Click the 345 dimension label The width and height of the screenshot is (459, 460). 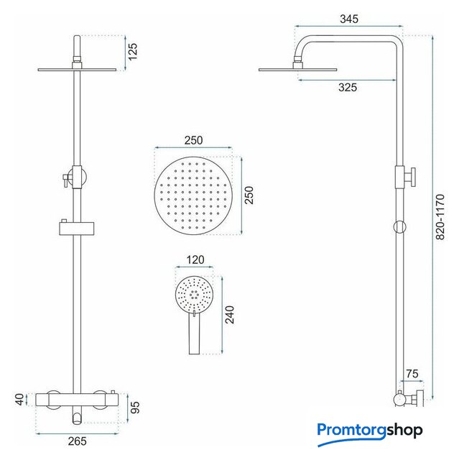tap(349, 19)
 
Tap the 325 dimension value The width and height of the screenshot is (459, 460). tap(348, 88)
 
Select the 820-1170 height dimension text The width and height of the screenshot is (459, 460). tap(440, 217)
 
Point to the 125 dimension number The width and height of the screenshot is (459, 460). tap(132, 52)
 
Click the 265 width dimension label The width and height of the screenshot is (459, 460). tap(77, 441)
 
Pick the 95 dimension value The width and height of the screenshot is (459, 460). tap(135, 408)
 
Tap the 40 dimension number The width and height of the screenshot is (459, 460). tap(19, 400)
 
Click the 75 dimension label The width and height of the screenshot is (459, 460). tap(412, 374)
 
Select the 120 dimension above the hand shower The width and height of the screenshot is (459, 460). tap(195, 259)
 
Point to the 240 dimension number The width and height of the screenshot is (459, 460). tap(230, 315)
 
